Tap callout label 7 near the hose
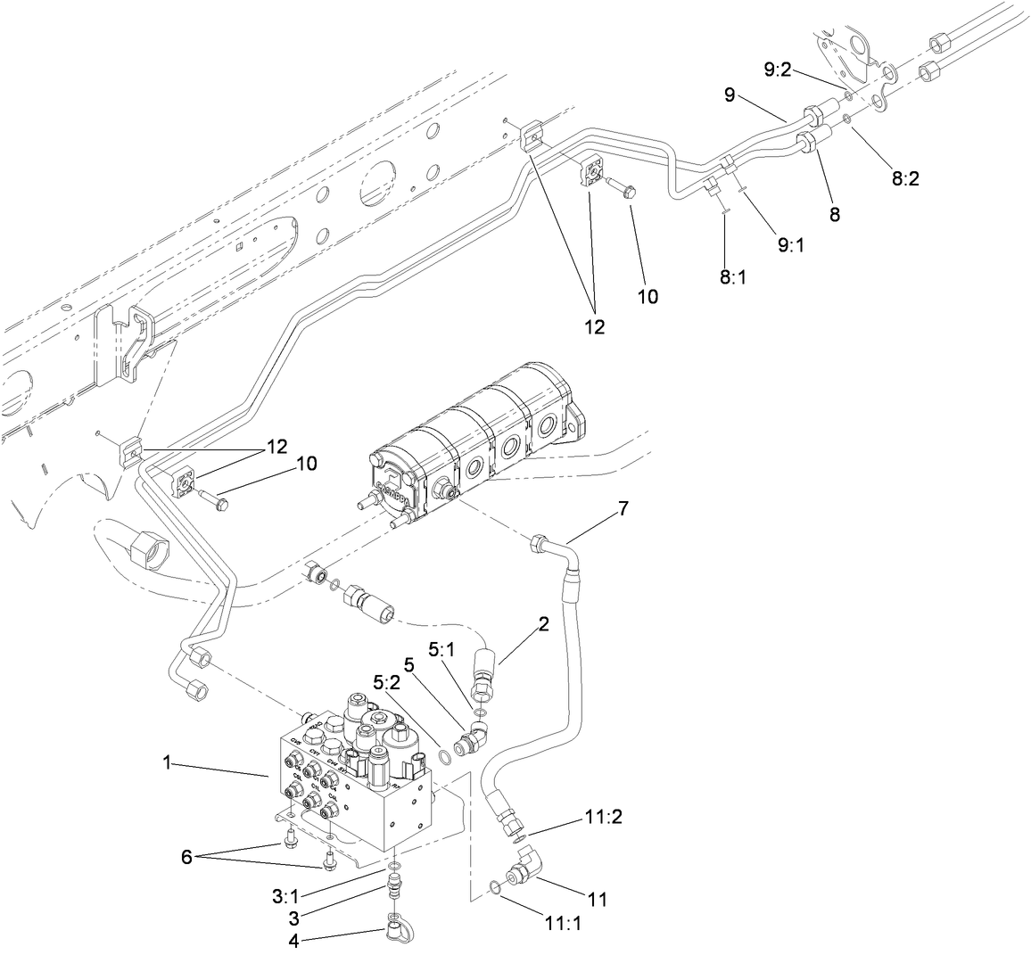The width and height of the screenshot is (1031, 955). (623, 508)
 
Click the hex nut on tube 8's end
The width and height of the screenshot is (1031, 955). (806, 143)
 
